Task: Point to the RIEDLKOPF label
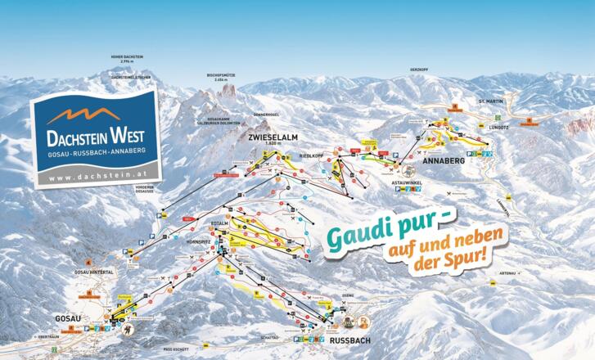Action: pos(313,155)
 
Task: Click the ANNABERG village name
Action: pos(444,161)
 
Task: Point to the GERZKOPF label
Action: pos(419,70)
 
